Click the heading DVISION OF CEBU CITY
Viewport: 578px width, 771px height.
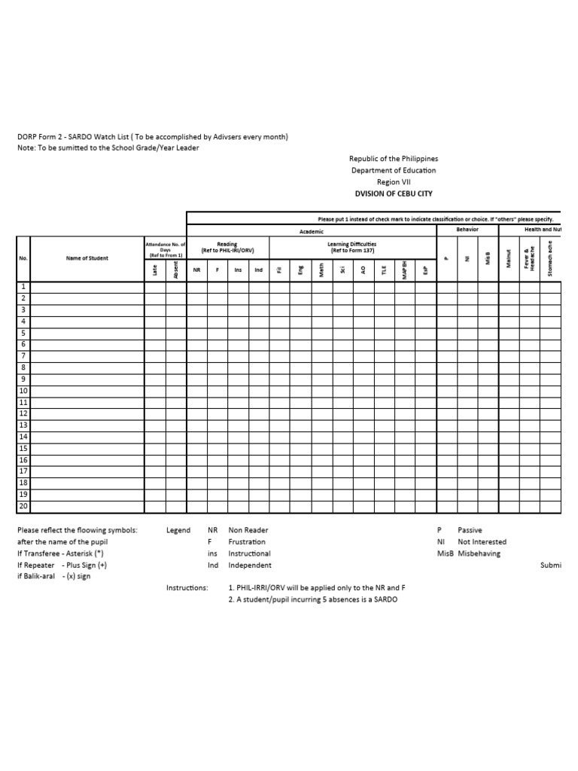[x=394, y=193]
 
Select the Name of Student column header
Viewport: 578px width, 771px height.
[x=87, y=258]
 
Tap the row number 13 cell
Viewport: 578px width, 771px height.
[x=23, y=425]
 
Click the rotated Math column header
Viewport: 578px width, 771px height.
[x=321, y=269]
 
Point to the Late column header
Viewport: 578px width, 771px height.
[x=155, y=270]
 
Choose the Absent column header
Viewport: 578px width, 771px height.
[x=176, y=269]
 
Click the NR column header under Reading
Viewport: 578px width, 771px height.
[x=196, y=270]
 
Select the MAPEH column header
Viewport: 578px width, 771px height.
[x=405, y=269]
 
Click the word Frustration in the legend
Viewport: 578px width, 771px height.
[x=247, y=542]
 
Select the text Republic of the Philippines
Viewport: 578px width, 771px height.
[x=394, y=159]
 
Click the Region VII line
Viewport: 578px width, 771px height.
[x=394, y=181]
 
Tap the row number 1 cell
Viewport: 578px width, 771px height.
[x=23, y=287]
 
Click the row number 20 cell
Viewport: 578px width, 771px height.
[x=23, y=507]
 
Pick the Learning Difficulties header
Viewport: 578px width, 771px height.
[x=352, y=247]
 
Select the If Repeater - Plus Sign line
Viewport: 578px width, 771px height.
[x=62, y=565]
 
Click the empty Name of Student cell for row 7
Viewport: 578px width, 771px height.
[x=87, y=356]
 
